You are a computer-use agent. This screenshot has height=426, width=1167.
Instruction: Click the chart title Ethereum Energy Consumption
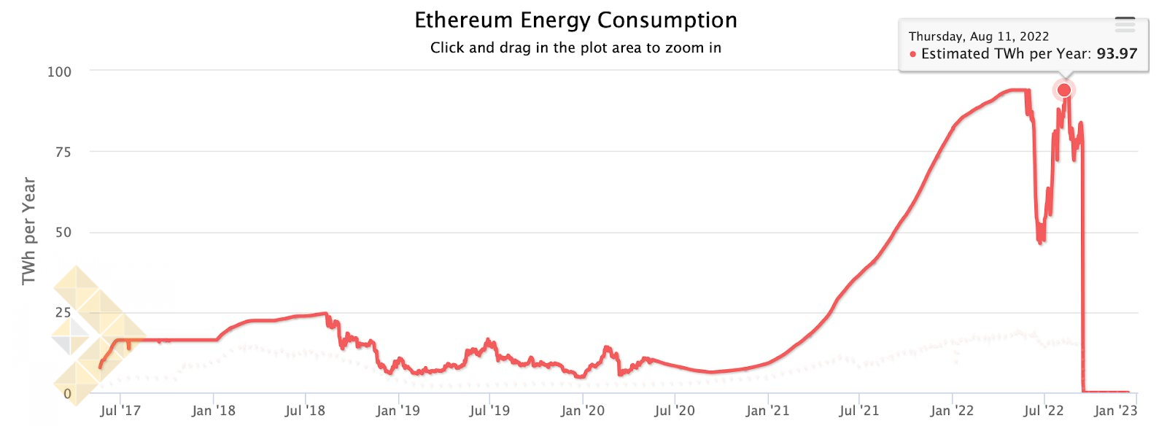575,20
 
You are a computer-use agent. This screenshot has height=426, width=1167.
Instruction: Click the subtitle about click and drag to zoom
575,48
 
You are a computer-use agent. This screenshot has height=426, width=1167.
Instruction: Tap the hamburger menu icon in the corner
1125,25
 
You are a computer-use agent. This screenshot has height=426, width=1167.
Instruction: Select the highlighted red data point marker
1064,90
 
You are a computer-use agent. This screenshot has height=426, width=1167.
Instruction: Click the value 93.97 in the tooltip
1117,54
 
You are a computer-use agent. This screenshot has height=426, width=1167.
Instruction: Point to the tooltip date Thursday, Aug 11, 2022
978,36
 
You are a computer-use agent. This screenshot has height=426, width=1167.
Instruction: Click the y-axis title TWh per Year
28,231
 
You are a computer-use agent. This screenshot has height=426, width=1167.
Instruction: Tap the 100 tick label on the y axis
59,71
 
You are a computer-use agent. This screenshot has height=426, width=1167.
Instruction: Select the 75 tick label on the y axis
63,152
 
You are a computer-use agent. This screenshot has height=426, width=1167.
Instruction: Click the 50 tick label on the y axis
63,232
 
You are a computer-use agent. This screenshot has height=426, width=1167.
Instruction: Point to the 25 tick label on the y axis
63,312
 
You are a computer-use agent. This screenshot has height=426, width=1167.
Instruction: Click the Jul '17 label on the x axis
120,411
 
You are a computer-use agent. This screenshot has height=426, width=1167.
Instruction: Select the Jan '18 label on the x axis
213,411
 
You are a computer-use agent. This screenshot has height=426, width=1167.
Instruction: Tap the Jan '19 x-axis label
398,411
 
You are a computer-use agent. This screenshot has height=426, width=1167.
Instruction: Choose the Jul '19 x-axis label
489,411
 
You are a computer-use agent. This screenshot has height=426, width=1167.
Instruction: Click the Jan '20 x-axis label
582,411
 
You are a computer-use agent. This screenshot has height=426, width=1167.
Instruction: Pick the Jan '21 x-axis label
767,411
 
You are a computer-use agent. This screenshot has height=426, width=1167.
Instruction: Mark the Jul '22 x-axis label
1044,411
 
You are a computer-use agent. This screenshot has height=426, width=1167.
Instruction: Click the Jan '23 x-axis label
1115,411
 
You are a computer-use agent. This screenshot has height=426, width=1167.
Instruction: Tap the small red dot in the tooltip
913,54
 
